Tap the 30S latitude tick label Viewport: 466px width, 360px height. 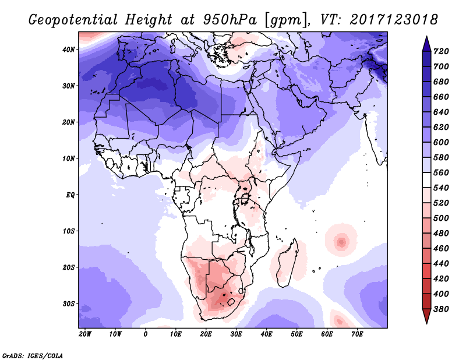coord(69,303)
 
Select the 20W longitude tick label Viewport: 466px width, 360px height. coord(85,334)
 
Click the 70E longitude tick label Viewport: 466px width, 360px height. coord(357,334)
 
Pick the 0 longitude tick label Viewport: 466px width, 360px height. coord(146,334)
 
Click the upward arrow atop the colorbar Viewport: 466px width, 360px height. coord(426,43)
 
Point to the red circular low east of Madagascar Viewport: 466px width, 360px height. coord(341,241)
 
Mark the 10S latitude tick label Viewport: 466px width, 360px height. coord(69,231)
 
